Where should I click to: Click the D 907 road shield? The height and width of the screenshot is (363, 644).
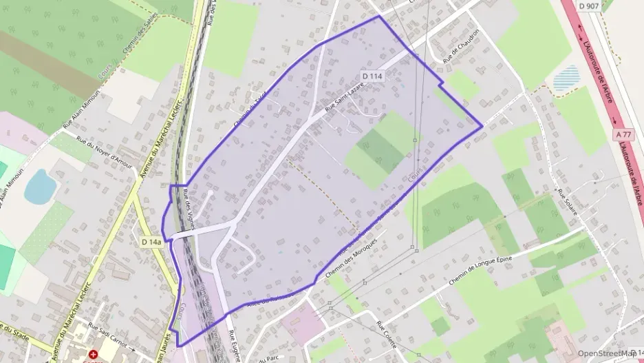(590, 6)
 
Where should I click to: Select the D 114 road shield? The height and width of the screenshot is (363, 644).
(372, 76)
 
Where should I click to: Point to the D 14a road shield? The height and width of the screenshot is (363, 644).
(151, 242)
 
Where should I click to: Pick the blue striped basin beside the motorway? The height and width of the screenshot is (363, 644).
(567, 78)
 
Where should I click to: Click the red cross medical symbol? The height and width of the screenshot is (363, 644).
(92, 353)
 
